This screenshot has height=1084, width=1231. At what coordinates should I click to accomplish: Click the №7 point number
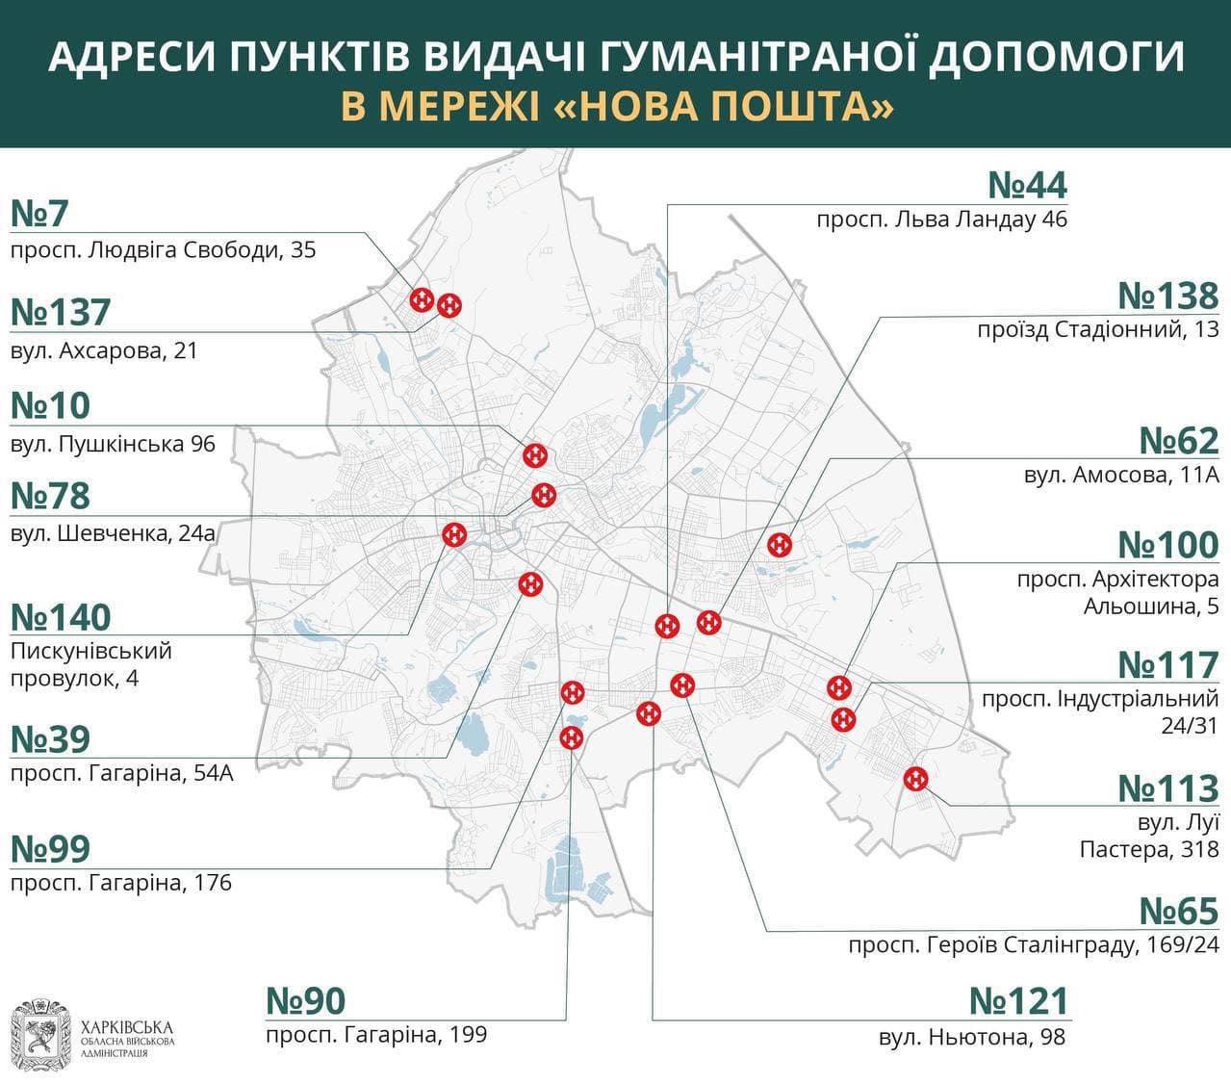point(39,214)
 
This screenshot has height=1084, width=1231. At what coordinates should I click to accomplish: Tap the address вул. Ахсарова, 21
point(104,350)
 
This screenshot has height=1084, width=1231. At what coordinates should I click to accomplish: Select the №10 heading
point(50,406)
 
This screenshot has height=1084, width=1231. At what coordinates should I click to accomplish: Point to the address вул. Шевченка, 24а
point(113,532)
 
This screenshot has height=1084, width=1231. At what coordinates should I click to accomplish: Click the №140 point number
point(61,617)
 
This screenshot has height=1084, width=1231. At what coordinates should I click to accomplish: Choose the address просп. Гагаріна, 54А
point(121,772)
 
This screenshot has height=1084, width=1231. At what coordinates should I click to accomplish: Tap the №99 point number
point(50,849)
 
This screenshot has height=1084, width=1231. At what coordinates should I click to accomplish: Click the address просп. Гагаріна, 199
point(376,1035)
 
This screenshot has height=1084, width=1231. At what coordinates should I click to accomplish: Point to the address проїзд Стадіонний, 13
point(1097,329)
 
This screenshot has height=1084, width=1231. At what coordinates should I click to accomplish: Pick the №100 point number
point(1167,545)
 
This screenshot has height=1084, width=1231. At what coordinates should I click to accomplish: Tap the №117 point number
point(1167,665)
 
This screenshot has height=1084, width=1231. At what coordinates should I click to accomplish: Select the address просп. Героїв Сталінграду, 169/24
point(1033,945)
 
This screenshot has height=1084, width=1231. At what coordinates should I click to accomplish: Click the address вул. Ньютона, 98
point(971,1037)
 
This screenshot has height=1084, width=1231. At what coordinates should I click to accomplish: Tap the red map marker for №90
point(572,737)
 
